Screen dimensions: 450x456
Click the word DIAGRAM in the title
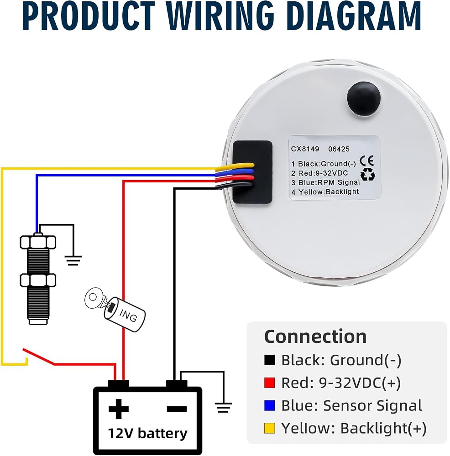[355, 16]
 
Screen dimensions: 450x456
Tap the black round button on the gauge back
[364, 98]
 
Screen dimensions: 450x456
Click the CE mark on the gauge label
[366, 161]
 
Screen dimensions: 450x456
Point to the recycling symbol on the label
[368, 175]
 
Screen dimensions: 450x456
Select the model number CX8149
[305, 149]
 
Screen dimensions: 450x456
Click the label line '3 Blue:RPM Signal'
[325, 182]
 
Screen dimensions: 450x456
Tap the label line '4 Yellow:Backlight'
[325, 192]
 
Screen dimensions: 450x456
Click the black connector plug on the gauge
[252, 172]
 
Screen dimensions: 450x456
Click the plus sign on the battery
[119, 409]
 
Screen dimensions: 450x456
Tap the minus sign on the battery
[177, 409]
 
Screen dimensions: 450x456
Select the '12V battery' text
[147, 434]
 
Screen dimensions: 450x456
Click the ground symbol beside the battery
[223, 407]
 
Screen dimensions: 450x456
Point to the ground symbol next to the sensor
[73, 260]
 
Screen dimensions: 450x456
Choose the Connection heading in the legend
[315, 337]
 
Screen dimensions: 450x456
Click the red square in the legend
[270, 383]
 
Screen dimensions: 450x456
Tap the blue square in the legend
[270, 405]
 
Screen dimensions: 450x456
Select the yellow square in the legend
[270, 428]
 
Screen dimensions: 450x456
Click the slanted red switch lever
[39, 356]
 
